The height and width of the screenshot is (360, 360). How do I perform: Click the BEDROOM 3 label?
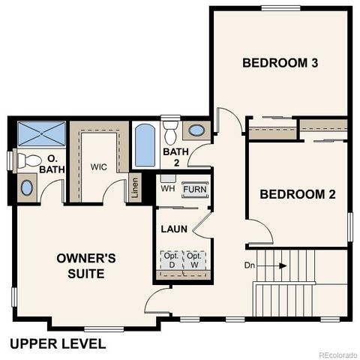[280, 63]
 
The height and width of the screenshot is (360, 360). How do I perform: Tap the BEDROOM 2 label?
[297, 194]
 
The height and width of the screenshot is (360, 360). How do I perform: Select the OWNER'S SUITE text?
[86, 265]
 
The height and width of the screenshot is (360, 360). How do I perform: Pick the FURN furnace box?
[196, 190]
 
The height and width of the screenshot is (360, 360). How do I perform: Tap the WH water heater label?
[168, 189]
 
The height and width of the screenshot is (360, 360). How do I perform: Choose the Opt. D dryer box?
[169, 259]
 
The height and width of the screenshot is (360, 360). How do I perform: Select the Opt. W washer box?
[195, 259]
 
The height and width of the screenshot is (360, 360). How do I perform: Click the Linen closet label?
[135, 187]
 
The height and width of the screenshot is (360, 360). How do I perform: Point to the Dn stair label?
[250, 265]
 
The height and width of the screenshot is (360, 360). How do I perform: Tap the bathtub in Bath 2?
[145, 145]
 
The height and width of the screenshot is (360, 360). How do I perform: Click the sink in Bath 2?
[196, 130]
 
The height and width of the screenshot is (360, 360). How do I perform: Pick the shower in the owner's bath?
[42, 134]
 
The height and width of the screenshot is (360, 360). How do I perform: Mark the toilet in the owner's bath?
[28, 160]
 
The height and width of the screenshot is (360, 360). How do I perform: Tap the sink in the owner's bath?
[27, 187]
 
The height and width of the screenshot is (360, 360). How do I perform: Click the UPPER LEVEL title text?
[58, 344]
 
